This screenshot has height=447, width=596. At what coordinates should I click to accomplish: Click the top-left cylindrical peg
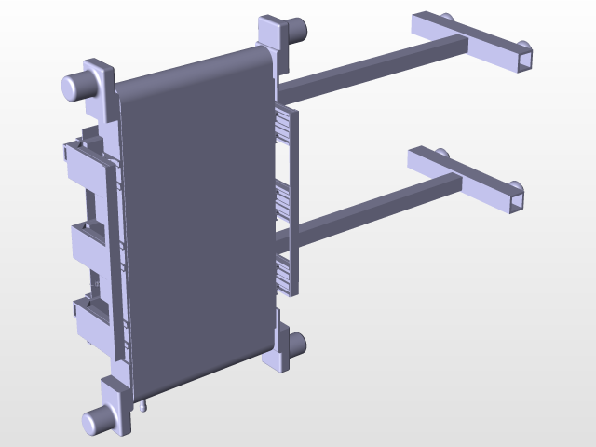(x=76, y=86)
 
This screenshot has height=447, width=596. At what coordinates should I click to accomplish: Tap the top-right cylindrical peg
(x=297, y=30)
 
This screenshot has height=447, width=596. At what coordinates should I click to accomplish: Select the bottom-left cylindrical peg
(x=96, y=423)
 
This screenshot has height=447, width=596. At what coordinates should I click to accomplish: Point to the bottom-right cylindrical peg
(x=298, y=346)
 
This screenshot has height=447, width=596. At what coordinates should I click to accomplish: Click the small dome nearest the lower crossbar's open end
(x=515, y=183)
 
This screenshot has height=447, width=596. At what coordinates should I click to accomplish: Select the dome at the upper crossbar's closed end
(x=447, y=18)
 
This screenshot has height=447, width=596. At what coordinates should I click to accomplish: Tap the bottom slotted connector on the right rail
(x=284, y=273)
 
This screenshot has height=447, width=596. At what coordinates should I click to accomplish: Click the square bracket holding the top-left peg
(x=102, y=80)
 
